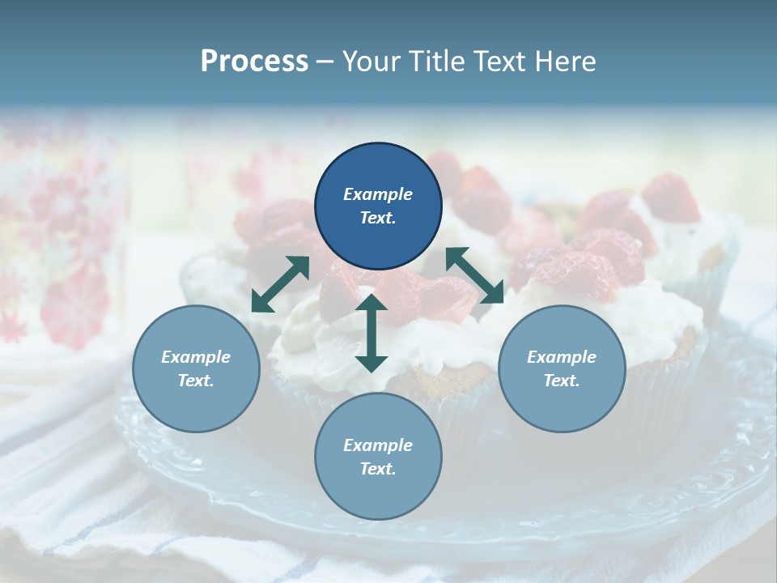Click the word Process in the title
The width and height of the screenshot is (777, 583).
pos(254,61)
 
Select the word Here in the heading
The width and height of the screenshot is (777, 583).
pos(562,61)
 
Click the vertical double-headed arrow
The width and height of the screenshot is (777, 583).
pos(372,333)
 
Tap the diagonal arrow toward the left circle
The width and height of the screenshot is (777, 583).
pos(280,284)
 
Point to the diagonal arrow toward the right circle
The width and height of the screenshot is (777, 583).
pos(475,275)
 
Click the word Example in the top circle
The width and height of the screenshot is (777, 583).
pos(378,194)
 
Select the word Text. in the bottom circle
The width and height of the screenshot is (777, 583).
pos(378,469)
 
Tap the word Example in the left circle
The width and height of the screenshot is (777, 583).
pos(196,357)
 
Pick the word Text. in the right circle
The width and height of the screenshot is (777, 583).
pos(562,381)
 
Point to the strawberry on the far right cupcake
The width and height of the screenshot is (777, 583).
pos(671,198)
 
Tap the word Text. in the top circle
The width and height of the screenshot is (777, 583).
pos(378,218)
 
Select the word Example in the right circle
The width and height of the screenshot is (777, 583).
pos(562,357)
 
